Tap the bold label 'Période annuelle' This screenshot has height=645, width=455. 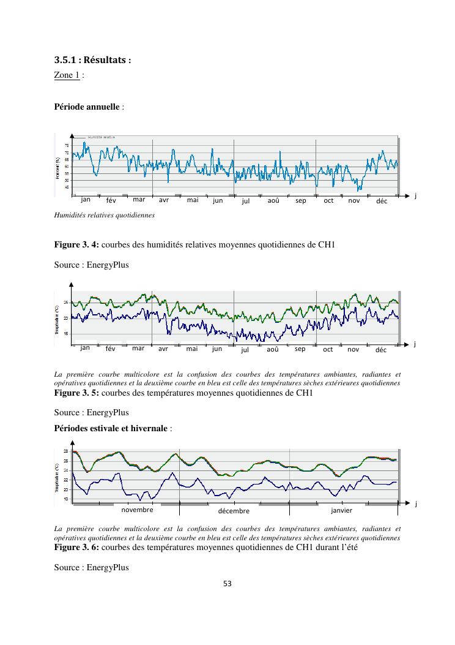tap(87, 106)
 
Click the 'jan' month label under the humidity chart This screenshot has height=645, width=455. tap(86, 199)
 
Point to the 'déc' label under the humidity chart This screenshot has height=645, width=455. tap(382, 201)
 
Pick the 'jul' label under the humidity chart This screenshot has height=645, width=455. tap(246, 201)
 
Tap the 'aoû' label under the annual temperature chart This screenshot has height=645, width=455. tap(273, 349)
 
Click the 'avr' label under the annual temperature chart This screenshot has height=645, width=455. tap(163, 349)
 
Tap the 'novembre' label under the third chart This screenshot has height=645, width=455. tap(137, 510)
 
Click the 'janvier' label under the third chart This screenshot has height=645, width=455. tap(341, 510)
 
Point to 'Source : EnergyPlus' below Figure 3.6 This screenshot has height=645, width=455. tap(91, 567)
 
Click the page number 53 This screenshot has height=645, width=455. tap(227, 584)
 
